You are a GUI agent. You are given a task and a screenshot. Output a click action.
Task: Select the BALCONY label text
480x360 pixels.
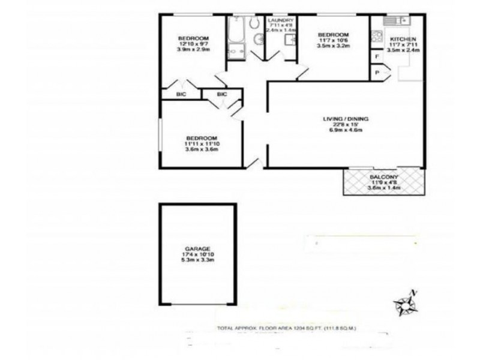click(x=383, y=177)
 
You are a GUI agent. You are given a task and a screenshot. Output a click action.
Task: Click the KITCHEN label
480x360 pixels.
click(x=401, y=39)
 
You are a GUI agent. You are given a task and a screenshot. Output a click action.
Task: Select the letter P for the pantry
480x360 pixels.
click(x=377, y=73)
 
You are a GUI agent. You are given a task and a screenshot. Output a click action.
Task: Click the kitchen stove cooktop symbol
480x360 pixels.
click(x=377, y=37)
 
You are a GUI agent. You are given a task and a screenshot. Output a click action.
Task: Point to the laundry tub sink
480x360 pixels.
click(x=289, y=40)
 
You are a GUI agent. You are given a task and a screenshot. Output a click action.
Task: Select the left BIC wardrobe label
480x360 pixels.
click(x=180, y=94)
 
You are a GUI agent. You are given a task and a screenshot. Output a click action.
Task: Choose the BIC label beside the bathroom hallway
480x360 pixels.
click(x=221, y=94)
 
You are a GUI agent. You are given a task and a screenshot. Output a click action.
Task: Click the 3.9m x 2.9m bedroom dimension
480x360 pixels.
click(x=193, y=49)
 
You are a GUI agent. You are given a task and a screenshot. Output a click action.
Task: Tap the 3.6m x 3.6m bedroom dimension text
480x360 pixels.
click(x=202, y=149)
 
